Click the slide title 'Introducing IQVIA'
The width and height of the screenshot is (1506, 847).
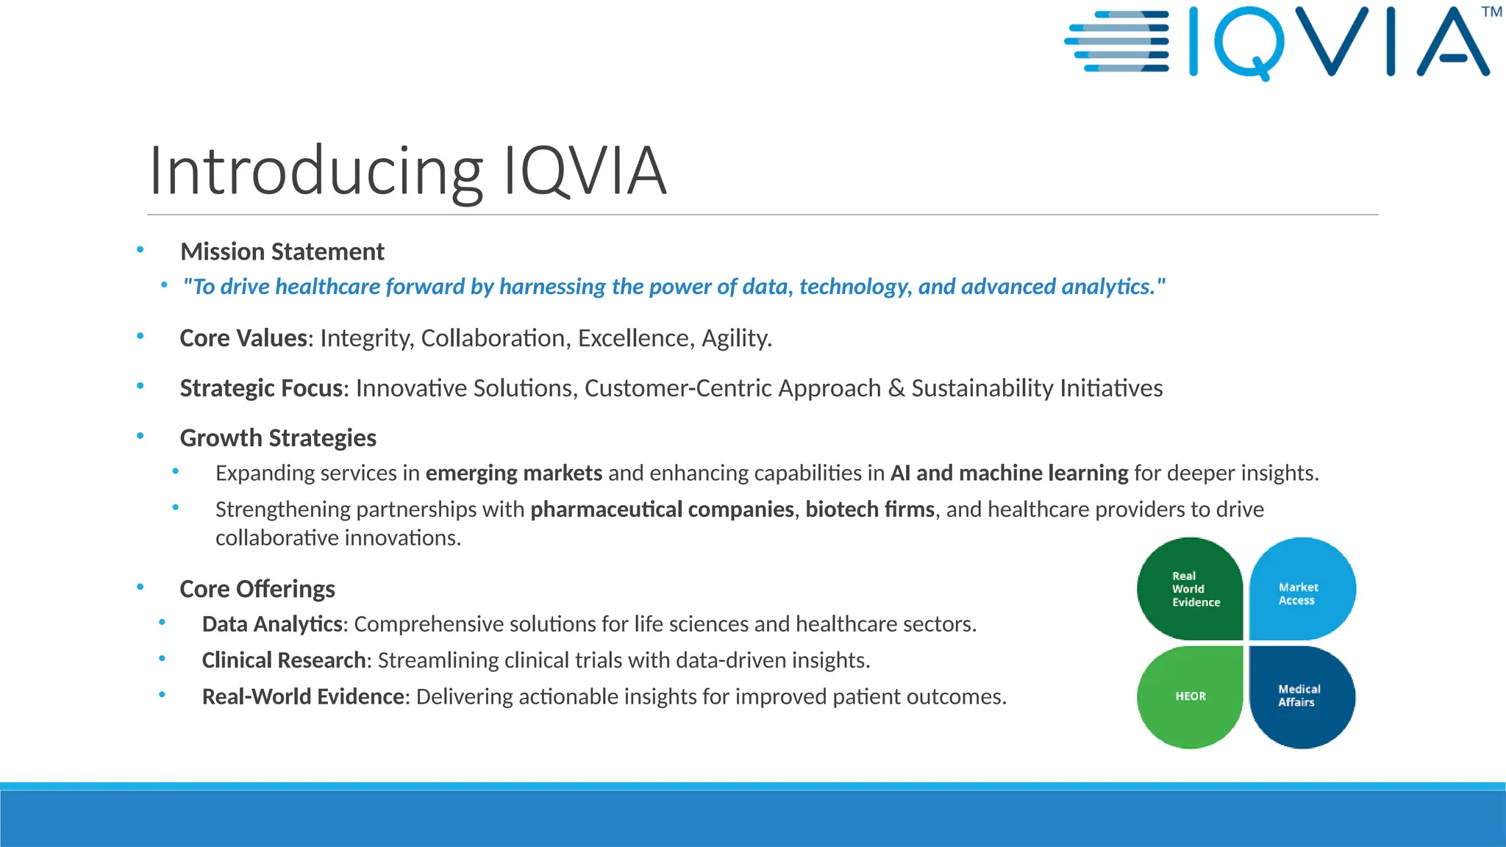point(407,171)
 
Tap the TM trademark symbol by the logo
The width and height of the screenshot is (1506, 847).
point(1491,12)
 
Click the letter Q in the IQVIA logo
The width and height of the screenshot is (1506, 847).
point(1250,43)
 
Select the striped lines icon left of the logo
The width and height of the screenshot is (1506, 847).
point(1118,41)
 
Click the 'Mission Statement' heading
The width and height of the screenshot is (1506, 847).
point(282,251)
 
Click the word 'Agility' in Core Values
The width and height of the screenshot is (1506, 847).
point(735,338)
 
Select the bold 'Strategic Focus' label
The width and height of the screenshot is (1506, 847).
point(261,388)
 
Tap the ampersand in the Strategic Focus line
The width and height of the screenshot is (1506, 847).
point(896,388)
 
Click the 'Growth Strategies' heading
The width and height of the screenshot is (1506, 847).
point(278,438)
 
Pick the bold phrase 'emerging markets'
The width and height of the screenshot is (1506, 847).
point(514,473)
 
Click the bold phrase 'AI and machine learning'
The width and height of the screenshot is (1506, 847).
point(1009,473)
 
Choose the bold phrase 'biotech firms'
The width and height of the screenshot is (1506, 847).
point(870,509)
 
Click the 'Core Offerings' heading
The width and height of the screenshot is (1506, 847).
point(257,589)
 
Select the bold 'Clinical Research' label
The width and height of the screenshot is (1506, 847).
point(284,660)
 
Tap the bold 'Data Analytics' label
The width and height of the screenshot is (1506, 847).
point(272,624)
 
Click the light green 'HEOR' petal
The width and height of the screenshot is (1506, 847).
point(1190,696)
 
